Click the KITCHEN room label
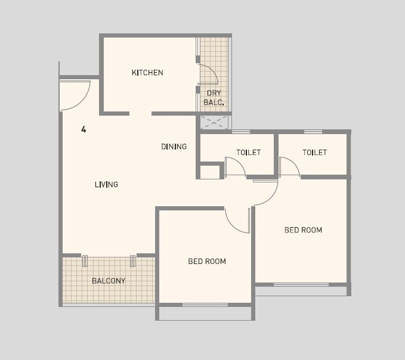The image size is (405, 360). click(x=147, y=73)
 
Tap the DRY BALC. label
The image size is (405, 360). click(x=214, y=98)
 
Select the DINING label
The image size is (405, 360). click(x=174, y=147)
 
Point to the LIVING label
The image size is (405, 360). click(x=106, y=185)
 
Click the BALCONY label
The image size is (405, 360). click(x=109, y=281)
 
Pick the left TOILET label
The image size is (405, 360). click(x=248, y=153)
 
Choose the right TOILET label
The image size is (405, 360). click(x=314, y=153)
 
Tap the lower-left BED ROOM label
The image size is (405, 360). click(x=207, y=261)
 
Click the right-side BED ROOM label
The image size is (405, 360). click(x=303, y=230)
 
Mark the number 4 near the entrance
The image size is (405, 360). click(x=84, y=129)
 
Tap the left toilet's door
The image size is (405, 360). click(x=235, y=167)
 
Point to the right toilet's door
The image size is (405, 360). click(x=289, y=166)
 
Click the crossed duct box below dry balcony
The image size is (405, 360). click(x=214, y=123)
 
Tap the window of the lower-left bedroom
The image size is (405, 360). click(x=205, y=305)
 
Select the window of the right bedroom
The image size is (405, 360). click(x=301, y=284)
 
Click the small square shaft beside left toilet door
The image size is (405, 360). click(x=209, y=172)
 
